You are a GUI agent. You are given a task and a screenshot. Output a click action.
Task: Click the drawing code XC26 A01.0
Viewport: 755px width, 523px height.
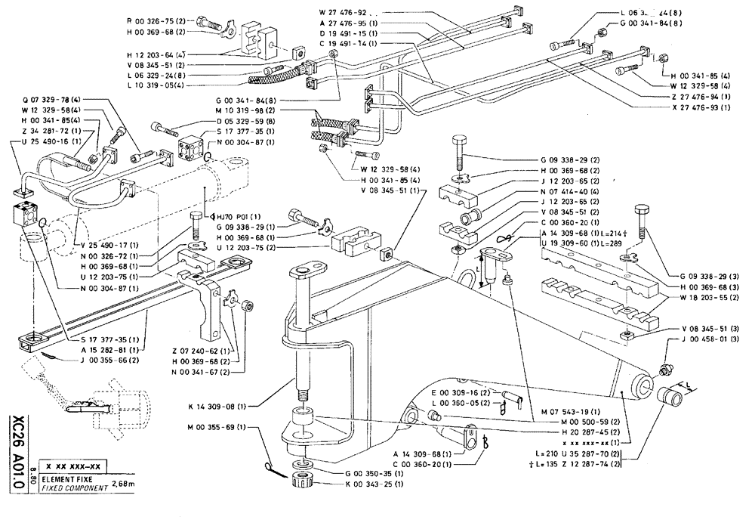coord(16,450)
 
